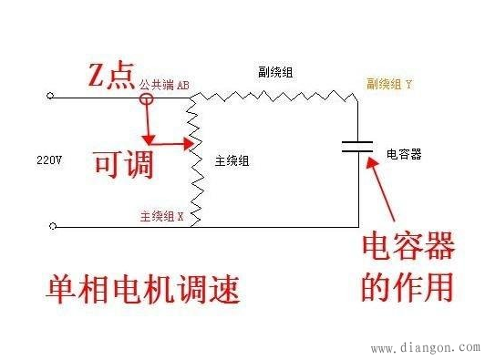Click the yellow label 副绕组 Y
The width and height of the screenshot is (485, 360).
point(389,83)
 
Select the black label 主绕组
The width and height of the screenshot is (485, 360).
point(234,160)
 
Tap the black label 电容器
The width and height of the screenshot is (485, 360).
point(403,154)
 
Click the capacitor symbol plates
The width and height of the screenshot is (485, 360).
point(357,147)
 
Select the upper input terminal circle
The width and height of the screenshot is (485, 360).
point(50,95)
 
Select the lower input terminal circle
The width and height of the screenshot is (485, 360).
point(50,226)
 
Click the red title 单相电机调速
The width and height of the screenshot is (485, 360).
point(143,289)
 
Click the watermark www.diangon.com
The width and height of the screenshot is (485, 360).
point(426,347)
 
